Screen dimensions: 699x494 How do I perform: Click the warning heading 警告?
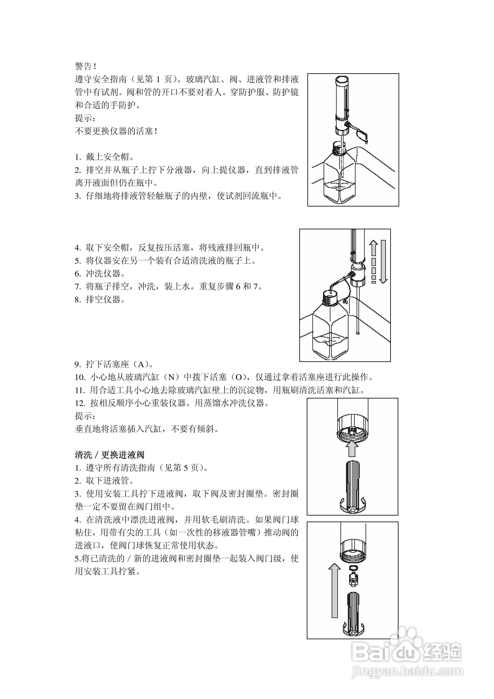click(x=86, y=66)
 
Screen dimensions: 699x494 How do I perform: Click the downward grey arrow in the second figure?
click(x=383, y=262)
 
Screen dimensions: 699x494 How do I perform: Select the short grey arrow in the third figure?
click(x=352, y=448)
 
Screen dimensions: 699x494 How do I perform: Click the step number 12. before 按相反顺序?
click(x=80, y=403)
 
